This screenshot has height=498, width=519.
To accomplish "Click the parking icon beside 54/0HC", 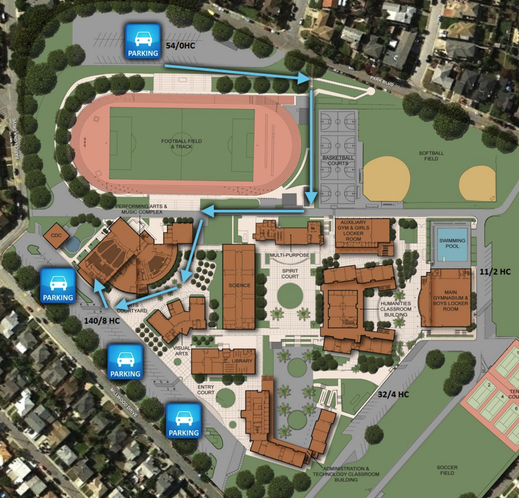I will coord(142,41).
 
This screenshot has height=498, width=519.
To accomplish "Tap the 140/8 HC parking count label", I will coord(102,321).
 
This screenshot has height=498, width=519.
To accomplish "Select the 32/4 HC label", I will coord(393,394).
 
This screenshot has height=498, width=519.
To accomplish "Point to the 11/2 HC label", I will coord(495,272).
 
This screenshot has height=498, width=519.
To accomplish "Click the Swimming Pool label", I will coord(452,243).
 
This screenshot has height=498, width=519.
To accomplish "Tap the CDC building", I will coord(56,235).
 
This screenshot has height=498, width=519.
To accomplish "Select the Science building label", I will coord(239,285).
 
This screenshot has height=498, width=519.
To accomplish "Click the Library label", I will coord(242,361).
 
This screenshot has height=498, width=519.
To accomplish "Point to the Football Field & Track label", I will coord(181,144).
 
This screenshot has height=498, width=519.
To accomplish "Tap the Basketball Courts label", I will coord(338,160).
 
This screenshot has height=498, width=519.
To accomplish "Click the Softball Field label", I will coord(431,156).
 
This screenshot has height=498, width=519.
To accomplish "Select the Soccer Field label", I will coord(447,470).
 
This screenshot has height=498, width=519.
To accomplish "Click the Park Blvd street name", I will coord(381,81).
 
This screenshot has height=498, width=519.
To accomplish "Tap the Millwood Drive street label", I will coord(124,403).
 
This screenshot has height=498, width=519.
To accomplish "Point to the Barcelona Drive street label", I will coord(16,138).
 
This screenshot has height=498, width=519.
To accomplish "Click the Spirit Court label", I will coord(290,274).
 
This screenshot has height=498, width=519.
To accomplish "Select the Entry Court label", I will coord(205,389).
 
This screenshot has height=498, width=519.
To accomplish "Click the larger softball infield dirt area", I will coord(386,179).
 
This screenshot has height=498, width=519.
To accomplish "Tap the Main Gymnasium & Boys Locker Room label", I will coord(450,301).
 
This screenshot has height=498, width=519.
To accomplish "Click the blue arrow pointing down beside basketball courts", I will coord(311,147).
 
